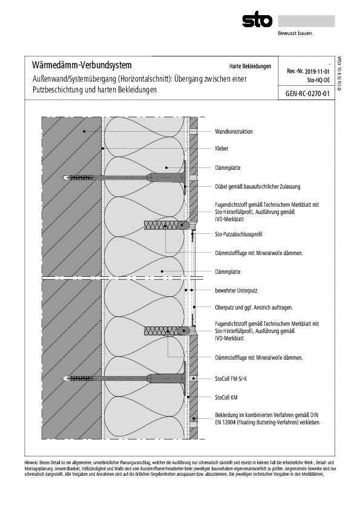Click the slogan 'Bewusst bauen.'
[295, 34]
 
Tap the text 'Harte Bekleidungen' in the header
[250, 66]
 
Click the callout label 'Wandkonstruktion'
[234, 131]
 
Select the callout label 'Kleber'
[221, 148]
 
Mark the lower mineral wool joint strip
[166, 331]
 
